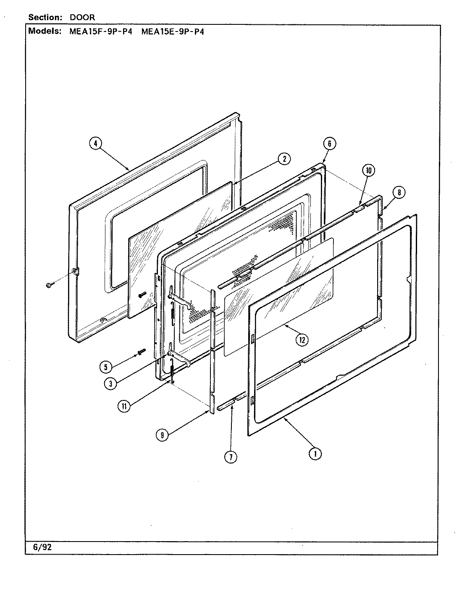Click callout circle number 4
pos(95,144)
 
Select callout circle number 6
pos(329,144)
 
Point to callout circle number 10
pos(368,170)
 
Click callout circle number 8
pos(399,192)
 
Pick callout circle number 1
pos(315,453)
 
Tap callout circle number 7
pos(231,457)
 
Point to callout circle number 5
pos(106,367)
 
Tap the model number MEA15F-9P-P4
pos(100,32)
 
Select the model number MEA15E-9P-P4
pos(173,32)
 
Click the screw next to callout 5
pos(141,351)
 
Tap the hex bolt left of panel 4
pos(48,285)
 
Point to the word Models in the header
pos(44,32)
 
